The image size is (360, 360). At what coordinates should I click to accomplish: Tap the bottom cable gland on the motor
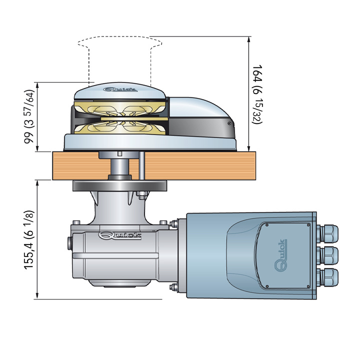point(327,276)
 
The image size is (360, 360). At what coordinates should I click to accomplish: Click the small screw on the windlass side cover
point(228,123)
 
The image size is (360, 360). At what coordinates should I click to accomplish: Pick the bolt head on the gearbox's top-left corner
point(76,222)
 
